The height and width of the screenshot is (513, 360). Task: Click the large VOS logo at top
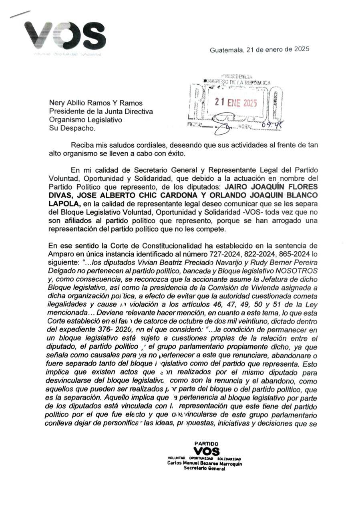(x=65, y=34)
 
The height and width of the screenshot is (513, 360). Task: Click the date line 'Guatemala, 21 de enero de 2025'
(x=259, y=50)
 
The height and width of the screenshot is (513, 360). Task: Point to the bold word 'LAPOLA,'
(x=61, y=204)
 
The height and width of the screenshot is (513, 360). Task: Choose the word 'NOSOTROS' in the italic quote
(x=299, y=271)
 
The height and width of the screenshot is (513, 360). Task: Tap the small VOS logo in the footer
(x=206, y=451)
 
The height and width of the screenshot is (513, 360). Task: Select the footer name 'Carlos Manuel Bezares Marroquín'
(x=204, y=464)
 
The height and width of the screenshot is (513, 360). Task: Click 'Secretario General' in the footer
(x=204, y=469)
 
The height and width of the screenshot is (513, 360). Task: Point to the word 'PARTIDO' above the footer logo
(x=206, y=444)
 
